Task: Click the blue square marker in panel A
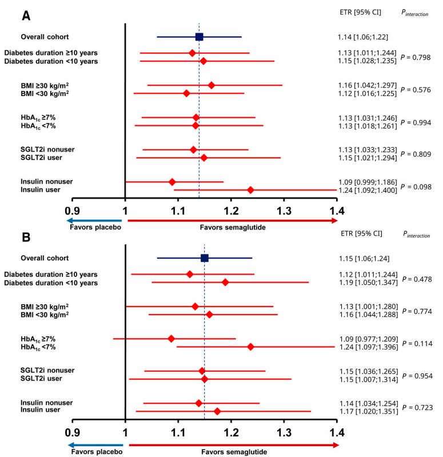(x=199, y=37)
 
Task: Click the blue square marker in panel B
(x=205, y=258)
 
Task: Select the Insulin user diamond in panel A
(x=250, y=190)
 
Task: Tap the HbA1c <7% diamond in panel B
(x=250, y=347)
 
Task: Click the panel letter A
(x=26, y=15)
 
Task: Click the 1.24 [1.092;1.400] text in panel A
(x=368, y=190)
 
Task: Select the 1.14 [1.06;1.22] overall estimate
(x=363, y=37)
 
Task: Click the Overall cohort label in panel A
(x=45, y=37)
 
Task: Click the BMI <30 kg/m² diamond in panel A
(x=186, y=93)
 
